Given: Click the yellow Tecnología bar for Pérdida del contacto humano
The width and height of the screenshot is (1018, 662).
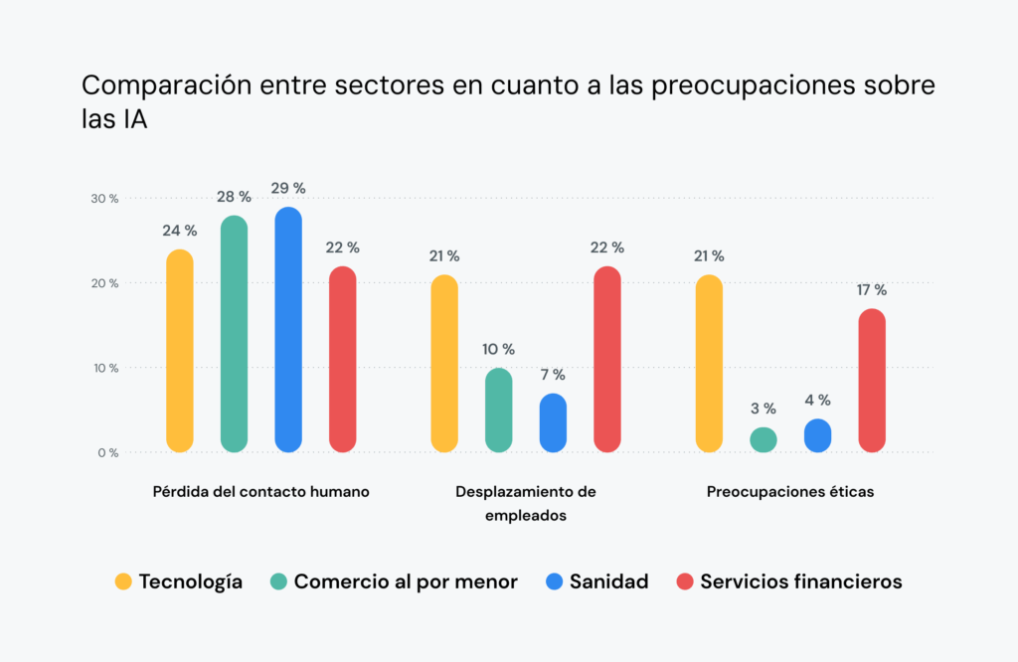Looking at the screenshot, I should point(180,351).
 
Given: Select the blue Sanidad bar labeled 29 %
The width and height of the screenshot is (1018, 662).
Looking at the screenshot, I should point(288,330).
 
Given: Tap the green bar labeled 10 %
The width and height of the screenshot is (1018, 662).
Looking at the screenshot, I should point(499,411).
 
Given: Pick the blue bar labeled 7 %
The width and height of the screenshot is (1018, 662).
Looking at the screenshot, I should point(553,422).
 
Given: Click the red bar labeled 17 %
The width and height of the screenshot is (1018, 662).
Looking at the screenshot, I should point(872,381).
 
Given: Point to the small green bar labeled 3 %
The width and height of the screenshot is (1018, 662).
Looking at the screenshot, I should point(763,439).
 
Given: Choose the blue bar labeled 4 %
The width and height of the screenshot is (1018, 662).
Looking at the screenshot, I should point(817,435).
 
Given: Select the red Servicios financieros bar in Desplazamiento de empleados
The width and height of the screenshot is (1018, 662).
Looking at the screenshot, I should point(607,359).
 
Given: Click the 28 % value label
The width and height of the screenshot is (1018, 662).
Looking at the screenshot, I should point(234,196).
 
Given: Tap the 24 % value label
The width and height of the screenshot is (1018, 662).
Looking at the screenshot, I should point(180,231).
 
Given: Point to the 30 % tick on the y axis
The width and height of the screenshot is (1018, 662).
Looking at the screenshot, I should point(105,199).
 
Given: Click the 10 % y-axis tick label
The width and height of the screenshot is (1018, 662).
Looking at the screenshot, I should point(105,368).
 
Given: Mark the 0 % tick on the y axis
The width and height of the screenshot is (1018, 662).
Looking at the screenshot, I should point(108,453).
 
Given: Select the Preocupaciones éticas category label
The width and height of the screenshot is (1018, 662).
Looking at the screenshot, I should point(790,492).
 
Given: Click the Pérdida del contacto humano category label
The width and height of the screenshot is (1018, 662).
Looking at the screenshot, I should point(261,492).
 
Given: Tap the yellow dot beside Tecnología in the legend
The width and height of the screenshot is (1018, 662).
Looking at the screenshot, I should point(123,582).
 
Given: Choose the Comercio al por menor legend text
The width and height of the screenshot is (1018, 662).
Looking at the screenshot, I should point(406,582).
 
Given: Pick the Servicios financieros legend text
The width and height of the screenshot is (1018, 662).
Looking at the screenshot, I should point(801,582).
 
